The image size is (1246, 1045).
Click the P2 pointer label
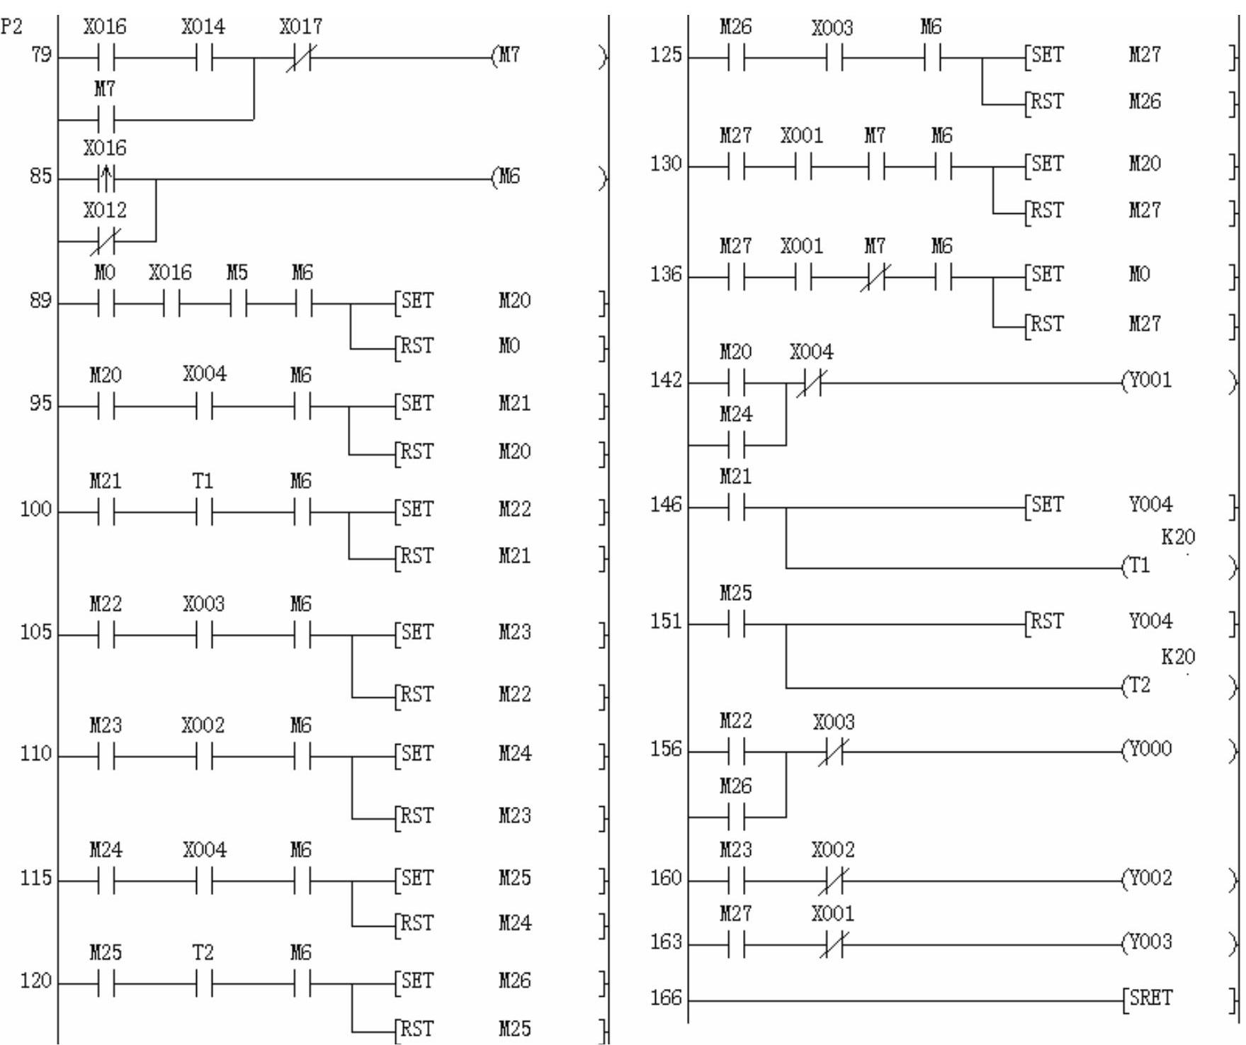[x=12, y=27]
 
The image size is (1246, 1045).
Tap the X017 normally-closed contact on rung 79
[x=302, y=57]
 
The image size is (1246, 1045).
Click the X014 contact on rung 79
[x=204, y=57]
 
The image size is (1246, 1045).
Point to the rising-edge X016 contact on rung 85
[x=106, y=179]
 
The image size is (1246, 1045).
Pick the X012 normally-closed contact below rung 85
[x=106, y=241]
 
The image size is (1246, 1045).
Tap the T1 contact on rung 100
[x=204, y=511]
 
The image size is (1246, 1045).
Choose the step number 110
[x=35, y=754]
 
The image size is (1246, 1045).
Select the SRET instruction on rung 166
[x=1150, y=998]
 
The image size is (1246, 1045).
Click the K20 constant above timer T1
[x=1177, y=537]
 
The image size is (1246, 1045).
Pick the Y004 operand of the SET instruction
[x=1150, y=504]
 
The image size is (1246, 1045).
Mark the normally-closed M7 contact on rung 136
[x=876, y=277]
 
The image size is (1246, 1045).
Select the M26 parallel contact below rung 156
[x=736, y=817]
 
